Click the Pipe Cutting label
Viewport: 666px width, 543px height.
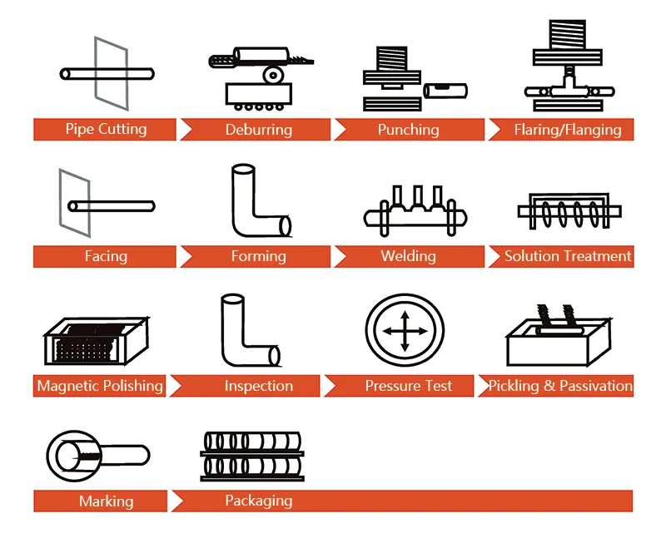pyautogui.click(x=106, y=129)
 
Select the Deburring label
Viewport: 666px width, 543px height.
pyautogui.click(x=258, y=130)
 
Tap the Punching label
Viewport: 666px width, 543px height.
pyautogui.click(x=408, y=130)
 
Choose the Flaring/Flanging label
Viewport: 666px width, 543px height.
pyautogui.click(x=567, y=130)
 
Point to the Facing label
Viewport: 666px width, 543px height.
pyautogui.click(x=106, y=256)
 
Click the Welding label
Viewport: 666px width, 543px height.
pyautogui.click(x=408, y=256)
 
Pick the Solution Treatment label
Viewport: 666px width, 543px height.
pyautogui.click(x=568, y=256)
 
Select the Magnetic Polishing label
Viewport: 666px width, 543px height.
pyautogui.click(x=100, y=386)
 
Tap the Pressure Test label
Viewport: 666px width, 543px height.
pyautogui.click(x=408, y=386)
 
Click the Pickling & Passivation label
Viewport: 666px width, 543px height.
pyautogui.click(x=560, y=386)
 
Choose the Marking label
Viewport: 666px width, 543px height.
pyautogui.click(x=106, y=501)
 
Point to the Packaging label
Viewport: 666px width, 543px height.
pyautogui.click(x=258, y=501)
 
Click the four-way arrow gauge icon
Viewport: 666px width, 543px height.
pyautogui.click(x=403, y=331)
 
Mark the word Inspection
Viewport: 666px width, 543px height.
pyautogui.click(x=258, y=386)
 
